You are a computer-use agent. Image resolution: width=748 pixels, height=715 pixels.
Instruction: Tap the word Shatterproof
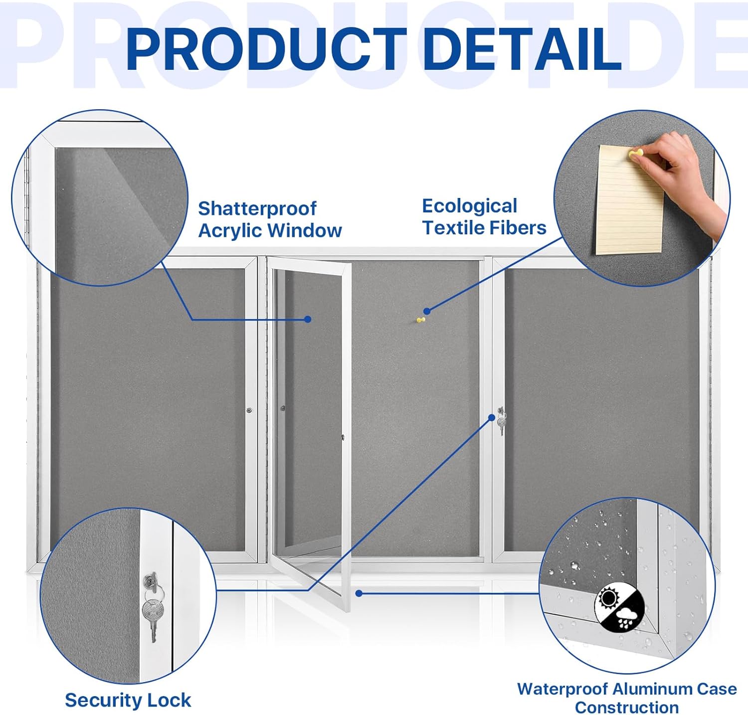pyautogui.click(x=257, y=208)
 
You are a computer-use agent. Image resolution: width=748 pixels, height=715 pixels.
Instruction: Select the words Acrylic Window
pyautogui.click(x=270, y=230)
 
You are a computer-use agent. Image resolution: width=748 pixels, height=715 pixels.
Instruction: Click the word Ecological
pyautogui.click(x=469, y=206)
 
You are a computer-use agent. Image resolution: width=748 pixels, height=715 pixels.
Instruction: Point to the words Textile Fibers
pyautogui.click(x=484, y=228)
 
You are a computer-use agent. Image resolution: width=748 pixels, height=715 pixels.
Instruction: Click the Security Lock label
pyautogui.click(x=128, y=700)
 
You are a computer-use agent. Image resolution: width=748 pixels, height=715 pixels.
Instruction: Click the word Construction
pyautogui.click(x=626, y=707)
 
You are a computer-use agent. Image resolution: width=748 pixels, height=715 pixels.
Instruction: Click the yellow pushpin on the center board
pyautogui.click(x=421, y=320)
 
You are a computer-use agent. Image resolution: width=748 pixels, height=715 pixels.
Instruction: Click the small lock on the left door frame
pyautogui.click(x=249, y=410)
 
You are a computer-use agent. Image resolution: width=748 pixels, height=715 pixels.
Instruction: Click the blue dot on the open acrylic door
pyautogui.click(x=308, y=319)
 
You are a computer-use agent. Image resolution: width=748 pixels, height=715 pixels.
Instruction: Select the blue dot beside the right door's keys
pyautogui.click(x=492, y=417)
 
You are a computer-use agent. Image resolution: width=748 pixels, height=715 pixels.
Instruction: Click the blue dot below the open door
pyautogui.click(x=359, y=593)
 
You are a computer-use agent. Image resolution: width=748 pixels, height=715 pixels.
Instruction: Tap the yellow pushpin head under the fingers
pyautogui.click(x=636, y=154)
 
